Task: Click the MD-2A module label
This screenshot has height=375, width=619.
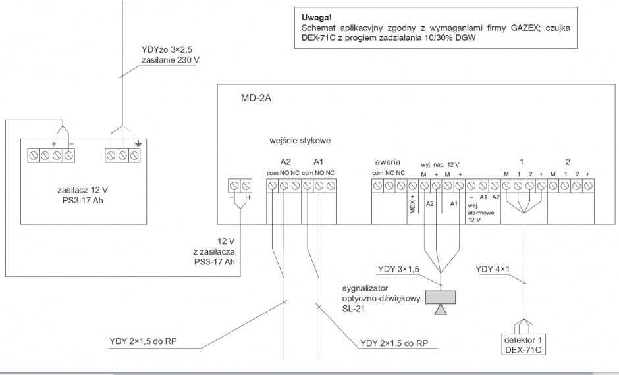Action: (256, 98)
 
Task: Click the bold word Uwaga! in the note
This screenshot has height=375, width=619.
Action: (317, 18)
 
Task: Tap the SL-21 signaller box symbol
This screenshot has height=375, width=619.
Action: (441, 297)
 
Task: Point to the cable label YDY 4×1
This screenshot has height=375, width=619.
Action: (493, 269)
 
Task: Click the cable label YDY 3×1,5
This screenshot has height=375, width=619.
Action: (398, 269)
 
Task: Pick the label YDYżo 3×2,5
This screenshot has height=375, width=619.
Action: (167, 50)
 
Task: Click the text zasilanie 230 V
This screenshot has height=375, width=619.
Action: (170, 61)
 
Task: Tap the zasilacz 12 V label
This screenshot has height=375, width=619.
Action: (82, 190)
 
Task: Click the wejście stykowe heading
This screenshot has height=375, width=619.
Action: (300, 141)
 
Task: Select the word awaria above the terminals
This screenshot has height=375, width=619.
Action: (387, 162)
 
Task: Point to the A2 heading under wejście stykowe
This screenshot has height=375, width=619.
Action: (285, 162)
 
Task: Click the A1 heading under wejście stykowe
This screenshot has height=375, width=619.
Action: (318, 162)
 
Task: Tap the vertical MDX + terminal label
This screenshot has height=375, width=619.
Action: (412, 204)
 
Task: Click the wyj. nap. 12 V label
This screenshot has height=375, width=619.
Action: (440, 165)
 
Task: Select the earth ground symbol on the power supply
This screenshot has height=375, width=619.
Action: (138, 144)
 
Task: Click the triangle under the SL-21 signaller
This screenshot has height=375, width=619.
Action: (441, 310)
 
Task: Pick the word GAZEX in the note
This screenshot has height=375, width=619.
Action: (525, 28)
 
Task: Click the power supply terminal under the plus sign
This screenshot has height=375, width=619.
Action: (57, 155)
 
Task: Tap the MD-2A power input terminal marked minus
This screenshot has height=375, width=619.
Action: (234, 186)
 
